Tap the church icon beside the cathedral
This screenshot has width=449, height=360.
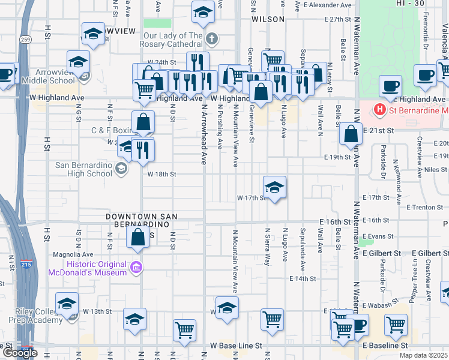[x=211, y=40]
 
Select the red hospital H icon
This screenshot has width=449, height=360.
[x=379, y=110]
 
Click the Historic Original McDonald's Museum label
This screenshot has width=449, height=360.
[x=97, y=268]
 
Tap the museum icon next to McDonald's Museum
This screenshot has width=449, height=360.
[x=137, y=267]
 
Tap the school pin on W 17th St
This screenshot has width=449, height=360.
[x=274, y=188]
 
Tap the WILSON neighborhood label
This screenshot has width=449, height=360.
[x=268, y=19]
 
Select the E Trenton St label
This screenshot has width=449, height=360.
[x=424, y=208]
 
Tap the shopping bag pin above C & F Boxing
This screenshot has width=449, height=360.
[x=144, y=123]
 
